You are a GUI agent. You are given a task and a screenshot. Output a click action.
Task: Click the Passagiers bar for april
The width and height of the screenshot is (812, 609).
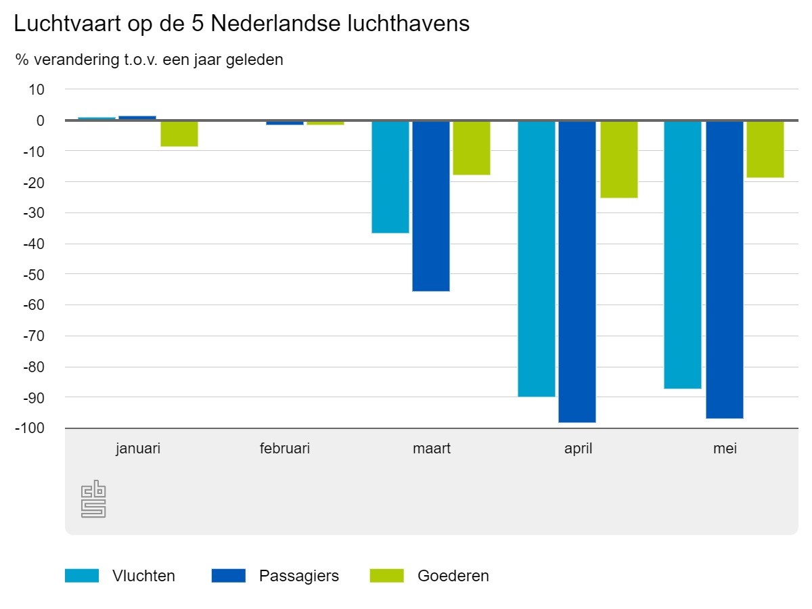[x=577, y=271]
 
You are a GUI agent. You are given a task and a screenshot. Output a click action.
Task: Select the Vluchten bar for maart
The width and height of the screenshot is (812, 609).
[x=390, y=177]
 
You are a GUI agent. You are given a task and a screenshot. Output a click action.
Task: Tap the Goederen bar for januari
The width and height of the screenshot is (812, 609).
[x=179, y=133]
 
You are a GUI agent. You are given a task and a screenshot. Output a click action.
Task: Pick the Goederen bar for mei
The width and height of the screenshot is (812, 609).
[x=765, y=149]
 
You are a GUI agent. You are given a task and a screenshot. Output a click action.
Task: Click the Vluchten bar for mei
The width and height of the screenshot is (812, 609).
[x=683, y=254]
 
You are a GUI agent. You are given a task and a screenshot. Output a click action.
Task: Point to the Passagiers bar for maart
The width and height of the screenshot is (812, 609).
[x=431, y=206]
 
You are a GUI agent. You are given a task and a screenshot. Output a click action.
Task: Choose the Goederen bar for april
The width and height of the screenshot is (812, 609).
[x=619, y=159]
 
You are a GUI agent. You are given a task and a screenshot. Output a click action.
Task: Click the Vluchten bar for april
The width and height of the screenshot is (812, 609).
[x=537, y=258]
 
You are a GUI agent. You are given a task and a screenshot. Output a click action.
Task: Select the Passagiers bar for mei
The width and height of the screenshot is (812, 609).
[x=725, y=269]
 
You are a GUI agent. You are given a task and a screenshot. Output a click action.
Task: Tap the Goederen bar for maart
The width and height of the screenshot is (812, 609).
[x=472, y=148]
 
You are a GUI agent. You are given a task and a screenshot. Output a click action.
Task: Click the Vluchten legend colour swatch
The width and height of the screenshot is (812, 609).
[x=82, y=576]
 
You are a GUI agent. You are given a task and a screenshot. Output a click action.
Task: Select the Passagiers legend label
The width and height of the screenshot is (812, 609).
[x=299, y=576]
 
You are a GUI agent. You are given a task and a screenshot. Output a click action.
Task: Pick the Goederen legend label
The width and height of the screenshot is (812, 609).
[x=453, y=576]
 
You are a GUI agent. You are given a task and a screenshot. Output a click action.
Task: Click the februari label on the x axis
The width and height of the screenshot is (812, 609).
[x=285, y=449]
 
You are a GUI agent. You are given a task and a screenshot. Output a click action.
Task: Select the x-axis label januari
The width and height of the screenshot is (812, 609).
[x=138, y=449]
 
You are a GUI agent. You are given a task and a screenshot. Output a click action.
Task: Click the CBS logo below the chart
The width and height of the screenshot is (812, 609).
[x=93, y=499]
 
